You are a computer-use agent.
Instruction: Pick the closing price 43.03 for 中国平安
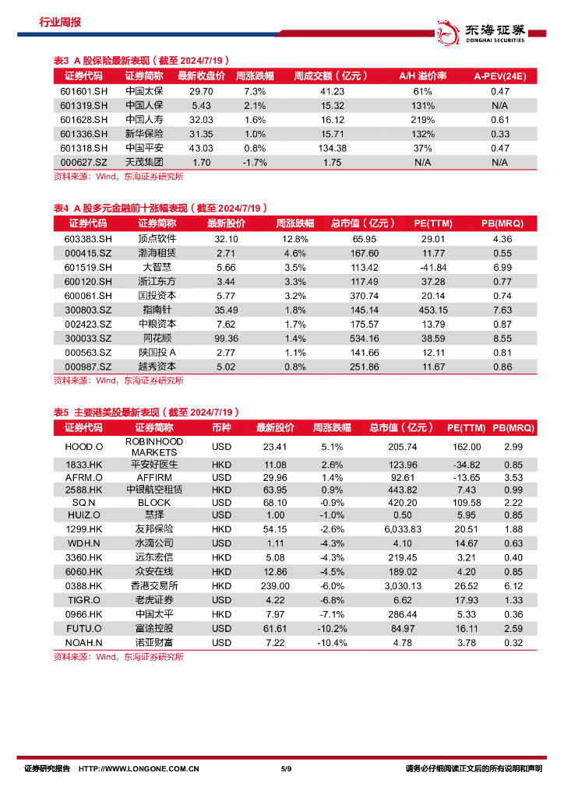(201, 148)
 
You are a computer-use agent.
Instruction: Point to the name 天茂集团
(144, 162)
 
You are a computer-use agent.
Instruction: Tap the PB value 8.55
(502, 338)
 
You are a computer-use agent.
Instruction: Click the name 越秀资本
(157, 366)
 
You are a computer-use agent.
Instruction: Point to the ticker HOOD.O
(84, 447)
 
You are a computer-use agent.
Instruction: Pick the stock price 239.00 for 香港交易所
(275, 585)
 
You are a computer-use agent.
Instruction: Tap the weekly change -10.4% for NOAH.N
(332, 642)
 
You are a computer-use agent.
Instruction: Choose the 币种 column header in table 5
(221, 428)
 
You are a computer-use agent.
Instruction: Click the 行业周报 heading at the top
(60, 23)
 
